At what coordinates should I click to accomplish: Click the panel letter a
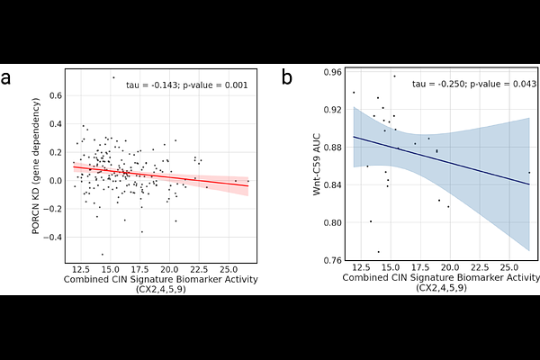tap(7, 79)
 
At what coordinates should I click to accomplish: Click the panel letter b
tap(287, 79)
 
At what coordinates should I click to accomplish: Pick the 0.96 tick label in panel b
tap(332, 72)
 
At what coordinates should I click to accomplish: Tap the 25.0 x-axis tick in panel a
tap(228, 268)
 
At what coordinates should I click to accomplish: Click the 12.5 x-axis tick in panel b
tap(361, 268)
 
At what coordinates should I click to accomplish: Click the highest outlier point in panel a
tap(113, 77)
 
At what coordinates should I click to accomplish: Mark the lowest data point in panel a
tap(102, 255)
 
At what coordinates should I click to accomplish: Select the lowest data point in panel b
tap(378, 252)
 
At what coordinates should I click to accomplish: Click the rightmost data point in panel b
tap(529, 173)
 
